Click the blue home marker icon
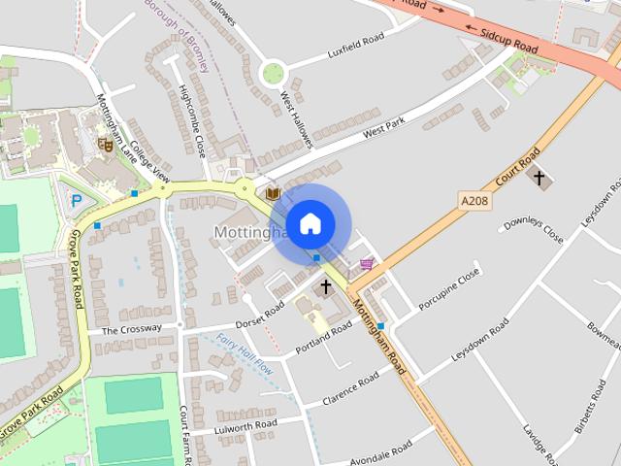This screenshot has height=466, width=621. click(x=309, y=224)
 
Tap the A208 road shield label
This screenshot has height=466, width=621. click(x=473, y=199)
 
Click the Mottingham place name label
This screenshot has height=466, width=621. click(x=245, y=233)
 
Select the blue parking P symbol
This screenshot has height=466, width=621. click(x=76, y=200)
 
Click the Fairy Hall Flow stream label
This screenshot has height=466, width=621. click(x=245, y=352)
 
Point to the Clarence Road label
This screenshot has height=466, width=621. click(x=351, y=388)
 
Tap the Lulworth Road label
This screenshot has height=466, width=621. click(x=245, y=424)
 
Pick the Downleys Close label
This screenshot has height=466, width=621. click(x=532, y=231)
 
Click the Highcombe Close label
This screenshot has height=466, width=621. click(x=192, y=121)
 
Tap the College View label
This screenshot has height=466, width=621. click(x=149, y=163)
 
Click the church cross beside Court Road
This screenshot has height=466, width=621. click(x=539, y=179)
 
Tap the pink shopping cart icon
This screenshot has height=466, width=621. click(x=366, y=263)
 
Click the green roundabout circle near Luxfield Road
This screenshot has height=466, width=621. click(x=274, y=72)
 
